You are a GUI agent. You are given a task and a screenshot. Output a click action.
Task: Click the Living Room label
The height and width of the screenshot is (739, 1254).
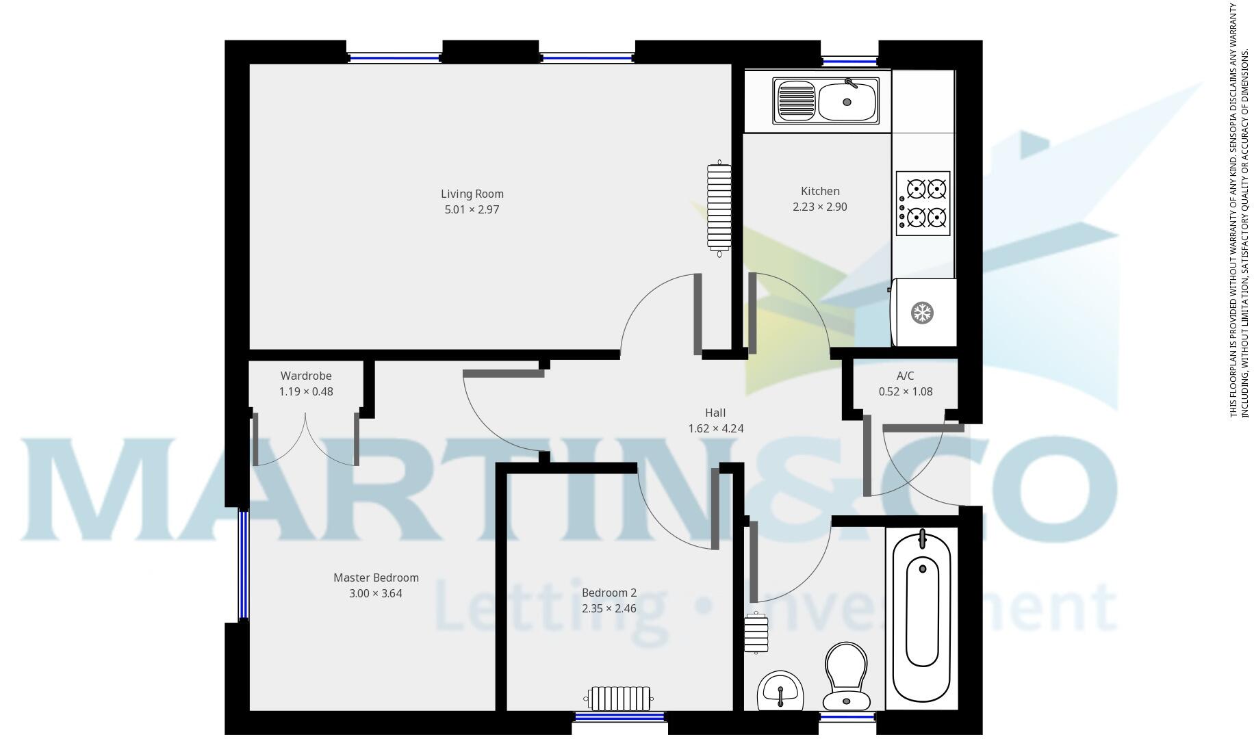coord(472,194)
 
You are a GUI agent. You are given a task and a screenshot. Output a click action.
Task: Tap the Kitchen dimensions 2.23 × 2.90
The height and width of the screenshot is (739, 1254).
coord(819,207)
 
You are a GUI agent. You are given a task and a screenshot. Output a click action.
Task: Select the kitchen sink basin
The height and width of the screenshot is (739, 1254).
coord(847,101)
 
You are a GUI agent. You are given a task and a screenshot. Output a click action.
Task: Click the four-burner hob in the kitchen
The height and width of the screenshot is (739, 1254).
coord(923,203)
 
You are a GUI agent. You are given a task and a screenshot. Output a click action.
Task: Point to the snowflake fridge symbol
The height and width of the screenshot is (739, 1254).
coord(922,313)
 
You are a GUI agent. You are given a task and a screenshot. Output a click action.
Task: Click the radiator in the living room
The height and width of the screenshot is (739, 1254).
coord(719,208)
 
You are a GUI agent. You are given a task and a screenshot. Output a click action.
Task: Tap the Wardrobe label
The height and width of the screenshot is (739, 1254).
coord(306,376)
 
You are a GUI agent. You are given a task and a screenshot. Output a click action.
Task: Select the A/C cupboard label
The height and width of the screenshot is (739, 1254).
coord(905,376)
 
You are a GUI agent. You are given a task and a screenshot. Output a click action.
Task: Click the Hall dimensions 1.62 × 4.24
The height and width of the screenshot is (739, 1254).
coord(715,429)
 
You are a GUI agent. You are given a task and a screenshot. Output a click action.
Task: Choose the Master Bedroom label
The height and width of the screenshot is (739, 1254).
coord(376,578)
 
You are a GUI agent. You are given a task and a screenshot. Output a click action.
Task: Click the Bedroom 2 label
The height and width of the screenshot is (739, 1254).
coord(609,593)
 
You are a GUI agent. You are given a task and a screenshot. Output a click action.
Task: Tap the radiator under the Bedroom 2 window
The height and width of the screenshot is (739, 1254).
coord(619,699)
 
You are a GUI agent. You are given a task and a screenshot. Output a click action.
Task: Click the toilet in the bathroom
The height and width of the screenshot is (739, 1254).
coord(847,676)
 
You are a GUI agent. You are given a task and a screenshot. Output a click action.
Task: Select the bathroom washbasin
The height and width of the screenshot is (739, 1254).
coord(780,690)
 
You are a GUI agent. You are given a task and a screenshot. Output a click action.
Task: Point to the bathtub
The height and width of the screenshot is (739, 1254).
coord(922,616)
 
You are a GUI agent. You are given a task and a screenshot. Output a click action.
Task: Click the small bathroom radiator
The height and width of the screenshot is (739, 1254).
coord(756,633)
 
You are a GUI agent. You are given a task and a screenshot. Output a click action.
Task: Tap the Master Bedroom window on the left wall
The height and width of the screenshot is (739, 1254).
coord(243,565)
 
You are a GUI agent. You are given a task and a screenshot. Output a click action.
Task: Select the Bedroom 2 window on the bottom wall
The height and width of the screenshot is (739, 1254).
coord(619,716)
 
